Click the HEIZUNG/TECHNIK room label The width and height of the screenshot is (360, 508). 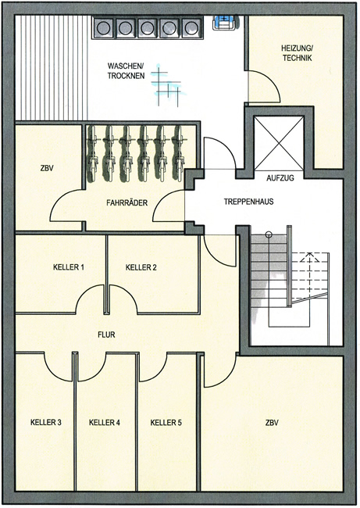click(x=297, y=53)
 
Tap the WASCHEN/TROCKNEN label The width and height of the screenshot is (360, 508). click(x=126, y=71)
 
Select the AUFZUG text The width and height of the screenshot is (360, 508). click(x=280, y=178)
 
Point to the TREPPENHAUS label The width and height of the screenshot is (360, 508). click(x=248, y=202)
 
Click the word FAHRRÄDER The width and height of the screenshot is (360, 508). click(x=127, y=202)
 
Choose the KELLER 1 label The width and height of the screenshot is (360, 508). click(x=68, y=267)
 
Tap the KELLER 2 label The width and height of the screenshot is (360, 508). click(x=141, y=267)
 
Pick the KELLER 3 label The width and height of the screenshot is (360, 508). click(x=45, y=423)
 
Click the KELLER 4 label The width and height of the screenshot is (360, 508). click(x=104, y=423)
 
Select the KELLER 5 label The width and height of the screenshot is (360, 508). click(x=166, y=423)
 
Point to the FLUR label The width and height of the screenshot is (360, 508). click(x=106, y=334)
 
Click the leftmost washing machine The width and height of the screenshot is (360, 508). click(x=103, y=27)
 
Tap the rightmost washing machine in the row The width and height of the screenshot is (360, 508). click(x=191, y=27)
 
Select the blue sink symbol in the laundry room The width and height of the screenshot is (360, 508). click(x=223, y=23)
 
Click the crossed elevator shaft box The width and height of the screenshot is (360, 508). click(x=279, y=143)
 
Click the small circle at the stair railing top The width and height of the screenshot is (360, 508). click(x=268, y=234)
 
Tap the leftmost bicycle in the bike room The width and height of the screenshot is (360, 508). click(x=93, y=153)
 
